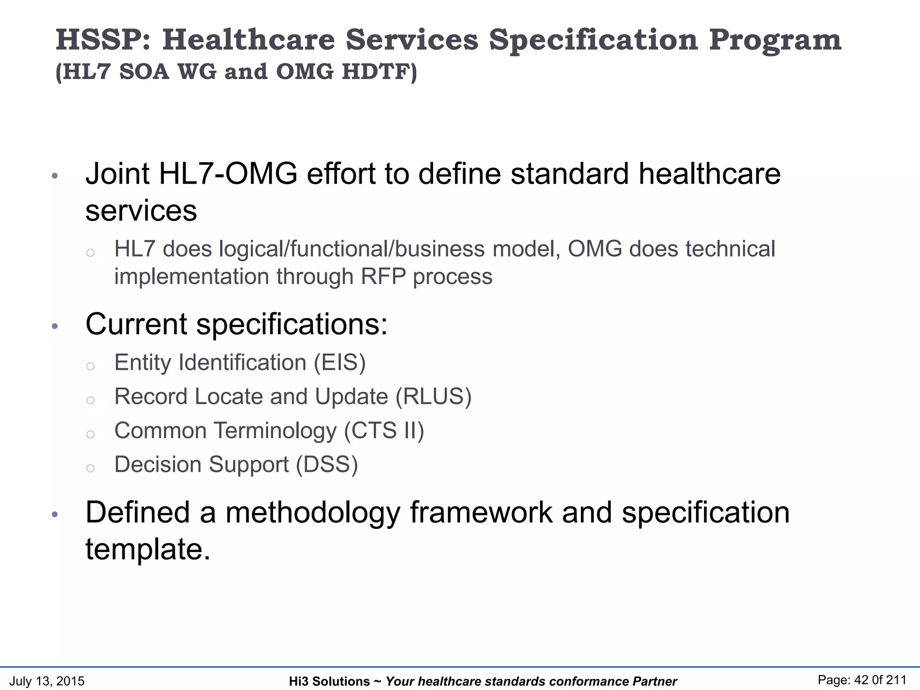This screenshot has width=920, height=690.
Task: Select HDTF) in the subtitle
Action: [379, 72]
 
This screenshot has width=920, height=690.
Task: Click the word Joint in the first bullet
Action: [117, 174]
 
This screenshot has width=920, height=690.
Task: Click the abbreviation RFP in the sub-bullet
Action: [383, 276]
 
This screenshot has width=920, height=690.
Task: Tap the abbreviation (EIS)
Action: [340, 363]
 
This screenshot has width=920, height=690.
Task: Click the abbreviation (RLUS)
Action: [433, 397]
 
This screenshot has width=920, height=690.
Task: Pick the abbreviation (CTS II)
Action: [384, 431]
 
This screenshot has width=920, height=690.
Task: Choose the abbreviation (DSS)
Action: [327, 464]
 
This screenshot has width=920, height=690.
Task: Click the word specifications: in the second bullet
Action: [292, 324]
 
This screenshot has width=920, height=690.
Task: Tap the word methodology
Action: [312, 513]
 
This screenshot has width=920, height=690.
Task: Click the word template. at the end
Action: [148, 549]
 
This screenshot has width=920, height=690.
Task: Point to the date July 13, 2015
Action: [47, 681]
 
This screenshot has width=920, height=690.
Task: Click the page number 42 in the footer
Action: [862, 680]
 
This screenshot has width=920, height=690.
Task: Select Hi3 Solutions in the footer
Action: [329, 681]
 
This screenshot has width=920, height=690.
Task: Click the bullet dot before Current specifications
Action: [55, 327]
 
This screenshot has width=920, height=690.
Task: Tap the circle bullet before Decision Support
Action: [90, 468]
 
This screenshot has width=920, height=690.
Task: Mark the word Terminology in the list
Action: [275, 431]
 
